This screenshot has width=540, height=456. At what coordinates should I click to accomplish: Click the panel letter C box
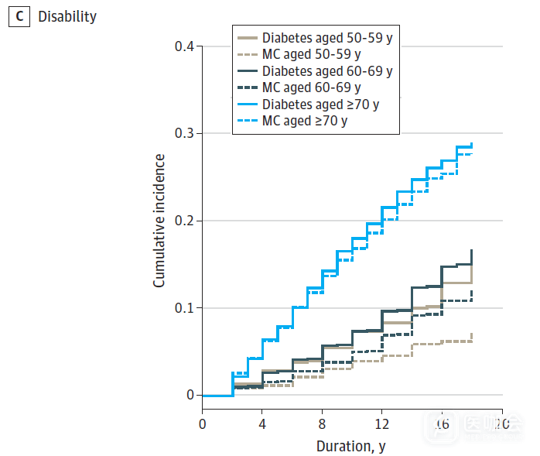[19, 16]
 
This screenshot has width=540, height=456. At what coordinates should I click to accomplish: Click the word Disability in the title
[67, 16]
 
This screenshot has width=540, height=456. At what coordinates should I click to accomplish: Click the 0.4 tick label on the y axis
[184, 46]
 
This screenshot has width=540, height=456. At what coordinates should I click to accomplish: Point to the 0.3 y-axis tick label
[184, 134]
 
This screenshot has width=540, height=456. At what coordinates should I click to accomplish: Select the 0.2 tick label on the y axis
[184, 221]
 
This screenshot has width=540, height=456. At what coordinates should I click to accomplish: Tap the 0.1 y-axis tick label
[184, 308]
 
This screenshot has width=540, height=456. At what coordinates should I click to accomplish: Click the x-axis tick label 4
[262, 424]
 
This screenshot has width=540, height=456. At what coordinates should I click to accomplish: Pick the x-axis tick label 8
[322, 424]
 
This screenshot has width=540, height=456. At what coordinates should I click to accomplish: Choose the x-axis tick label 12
[382, 424]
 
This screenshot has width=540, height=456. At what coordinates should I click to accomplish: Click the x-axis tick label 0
[202, 424]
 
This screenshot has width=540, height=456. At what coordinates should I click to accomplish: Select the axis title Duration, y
[351, 446]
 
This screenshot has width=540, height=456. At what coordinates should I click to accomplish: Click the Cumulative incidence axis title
[159, 221]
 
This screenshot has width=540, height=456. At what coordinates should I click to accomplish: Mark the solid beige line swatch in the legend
[248, 37]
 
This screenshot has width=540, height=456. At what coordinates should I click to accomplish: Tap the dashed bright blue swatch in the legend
[248, 121]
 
